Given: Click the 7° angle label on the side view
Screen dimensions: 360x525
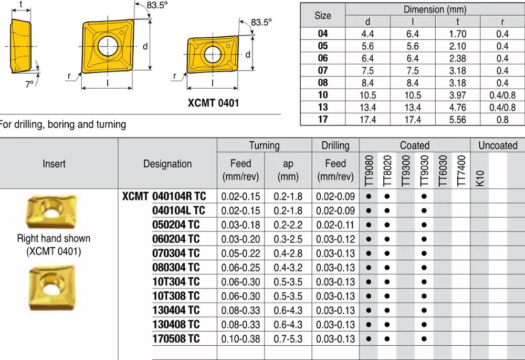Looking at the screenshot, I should click(x=29, y=83).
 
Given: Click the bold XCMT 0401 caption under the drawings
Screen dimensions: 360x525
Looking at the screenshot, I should click(x=213, y=102).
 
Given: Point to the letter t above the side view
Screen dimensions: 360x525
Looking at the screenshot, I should click(x=20, y=5).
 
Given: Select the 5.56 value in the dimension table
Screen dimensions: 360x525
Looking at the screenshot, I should click(x=457, y=119).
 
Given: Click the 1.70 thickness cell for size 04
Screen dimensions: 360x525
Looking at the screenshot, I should click(x=457, y=34).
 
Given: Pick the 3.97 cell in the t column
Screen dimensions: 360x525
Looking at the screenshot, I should click(x=457, y=95).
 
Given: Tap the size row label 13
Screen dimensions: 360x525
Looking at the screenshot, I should click(x=323, y=107).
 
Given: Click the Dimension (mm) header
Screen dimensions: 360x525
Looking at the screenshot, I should click(x=435, y=9).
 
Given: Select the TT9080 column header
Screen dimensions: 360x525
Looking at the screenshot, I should click(x=369, y=170).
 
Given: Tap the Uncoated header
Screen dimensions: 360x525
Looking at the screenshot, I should click(x=497, y=145).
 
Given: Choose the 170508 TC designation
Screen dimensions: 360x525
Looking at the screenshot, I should click(x=176, y=338).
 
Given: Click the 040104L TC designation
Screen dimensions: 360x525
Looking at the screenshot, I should click(x=178, y=210).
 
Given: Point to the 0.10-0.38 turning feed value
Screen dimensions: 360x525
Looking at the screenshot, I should click(x=240, y=338).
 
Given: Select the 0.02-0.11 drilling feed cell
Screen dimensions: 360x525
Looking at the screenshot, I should click(x=335, y=225).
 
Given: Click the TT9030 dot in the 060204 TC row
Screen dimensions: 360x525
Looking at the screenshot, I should click(x=424, y=239).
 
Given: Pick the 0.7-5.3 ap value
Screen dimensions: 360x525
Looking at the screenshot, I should click(x=288, y=338).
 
